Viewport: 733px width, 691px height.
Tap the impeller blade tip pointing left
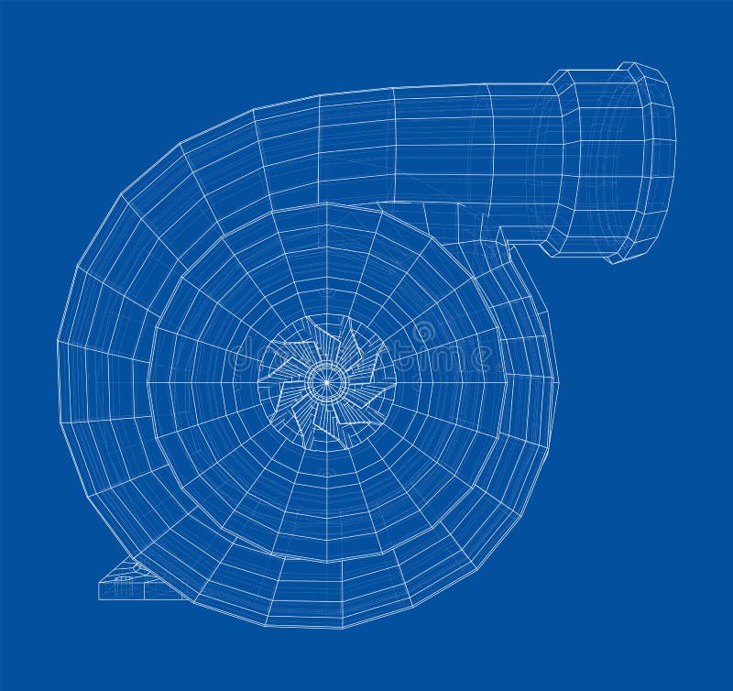tap(260, 379)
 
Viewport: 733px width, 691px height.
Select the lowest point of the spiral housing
tap(344, 629)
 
